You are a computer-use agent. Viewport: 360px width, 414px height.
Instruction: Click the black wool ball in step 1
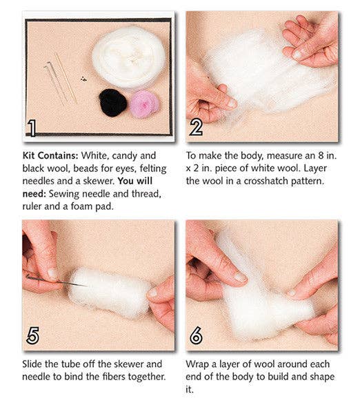coord(112,102)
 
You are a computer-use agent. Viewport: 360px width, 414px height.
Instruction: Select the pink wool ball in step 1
coord(144,103)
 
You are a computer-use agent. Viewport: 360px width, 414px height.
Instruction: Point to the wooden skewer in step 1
coord(66,77)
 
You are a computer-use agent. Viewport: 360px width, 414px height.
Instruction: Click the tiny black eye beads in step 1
coord(84,79)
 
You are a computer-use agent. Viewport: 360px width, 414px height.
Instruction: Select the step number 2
coord(196,126)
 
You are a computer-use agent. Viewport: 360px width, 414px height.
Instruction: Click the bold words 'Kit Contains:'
coord(49,157)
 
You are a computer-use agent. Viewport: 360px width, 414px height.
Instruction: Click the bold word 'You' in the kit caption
coord(146,181)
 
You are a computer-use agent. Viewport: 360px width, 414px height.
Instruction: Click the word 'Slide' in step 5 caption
coord(34,364)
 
